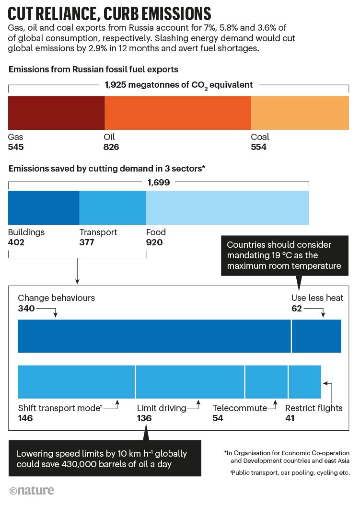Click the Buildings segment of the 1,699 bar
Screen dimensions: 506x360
(x=44, y=207)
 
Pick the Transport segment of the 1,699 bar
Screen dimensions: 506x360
(x=113, y=207)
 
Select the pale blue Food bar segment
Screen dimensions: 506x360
(x=227, y=207)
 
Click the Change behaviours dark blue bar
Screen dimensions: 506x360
(x=154, y=336)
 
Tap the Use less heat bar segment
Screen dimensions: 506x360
(x=316, y=336)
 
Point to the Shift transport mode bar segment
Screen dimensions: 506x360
(x=76, y=381)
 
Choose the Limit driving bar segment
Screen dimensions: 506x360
(x=190, y=381)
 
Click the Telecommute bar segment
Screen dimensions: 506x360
(x=267, y=381)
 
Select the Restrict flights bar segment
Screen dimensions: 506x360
(x=305, y=381)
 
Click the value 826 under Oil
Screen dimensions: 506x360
(x=111, y=147)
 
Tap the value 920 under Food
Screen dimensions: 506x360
(x=154, y=242)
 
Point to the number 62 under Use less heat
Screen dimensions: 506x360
(x=297, y=309)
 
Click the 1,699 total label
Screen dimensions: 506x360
(x=159, y=182)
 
